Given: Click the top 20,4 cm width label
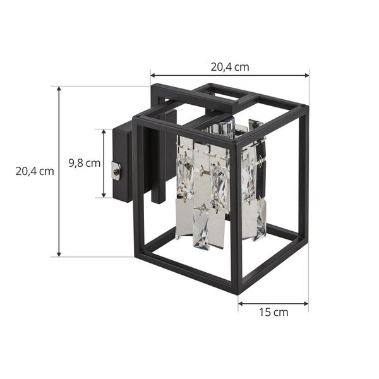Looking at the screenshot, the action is click(x=230, y=67).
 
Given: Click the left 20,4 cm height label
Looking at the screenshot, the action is click(x=35, y=171).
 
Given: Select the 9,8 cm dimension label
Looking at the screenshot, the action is click(x=85, y=163).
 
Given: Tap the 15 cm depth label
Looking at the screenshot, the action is click(x=274, y=312).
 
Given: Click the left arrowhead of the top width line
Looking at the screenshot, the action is click(x=153, y=75).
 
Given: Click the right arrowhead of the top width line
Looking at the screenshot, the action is click(x=307, y=75).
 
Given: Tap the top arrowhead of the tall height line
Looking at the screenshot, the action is click(x=59, y=89).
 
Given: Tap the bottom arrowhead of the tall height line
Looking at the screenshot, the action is click(x=59, y=254).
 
